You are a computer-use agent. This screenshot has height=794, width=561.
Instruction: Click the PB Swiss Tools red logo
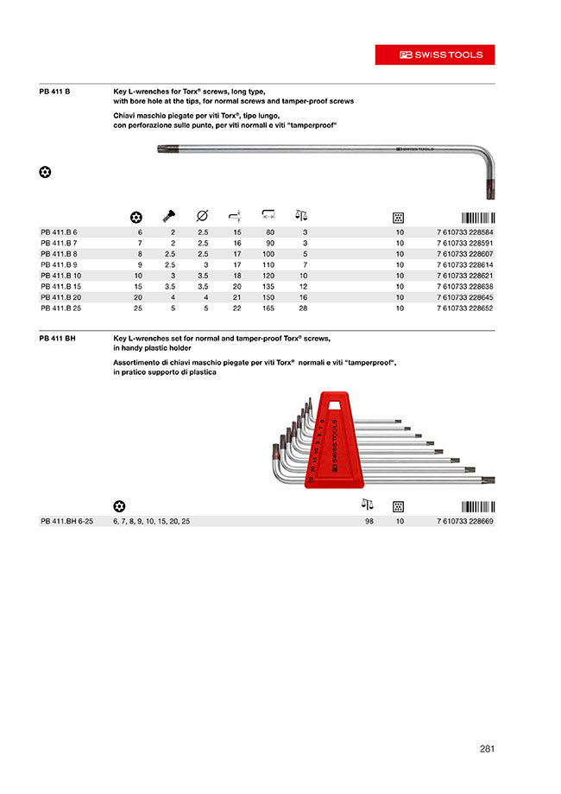coord(435,54)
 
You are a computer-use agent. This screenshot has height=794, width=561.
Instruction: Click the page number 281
coord(487,750)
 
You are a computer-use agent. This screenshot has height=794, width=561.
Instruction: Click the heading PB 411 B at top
coord(54,90)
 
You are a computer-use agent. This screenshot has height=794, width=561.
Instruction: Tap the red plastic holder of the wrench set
coord(334,436)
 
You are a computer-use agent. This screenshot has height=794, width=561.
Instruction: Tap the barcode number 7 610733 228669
coord(465,523)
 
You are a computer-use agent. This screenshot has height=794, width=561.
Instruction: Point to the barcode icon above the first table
coord(477,217)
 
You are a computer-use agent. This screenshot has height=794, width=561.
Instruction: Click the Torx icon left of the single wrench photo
coord(46,172)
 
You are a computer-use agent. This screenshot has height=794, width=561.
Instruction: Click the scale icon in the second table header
coord(367,505)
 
